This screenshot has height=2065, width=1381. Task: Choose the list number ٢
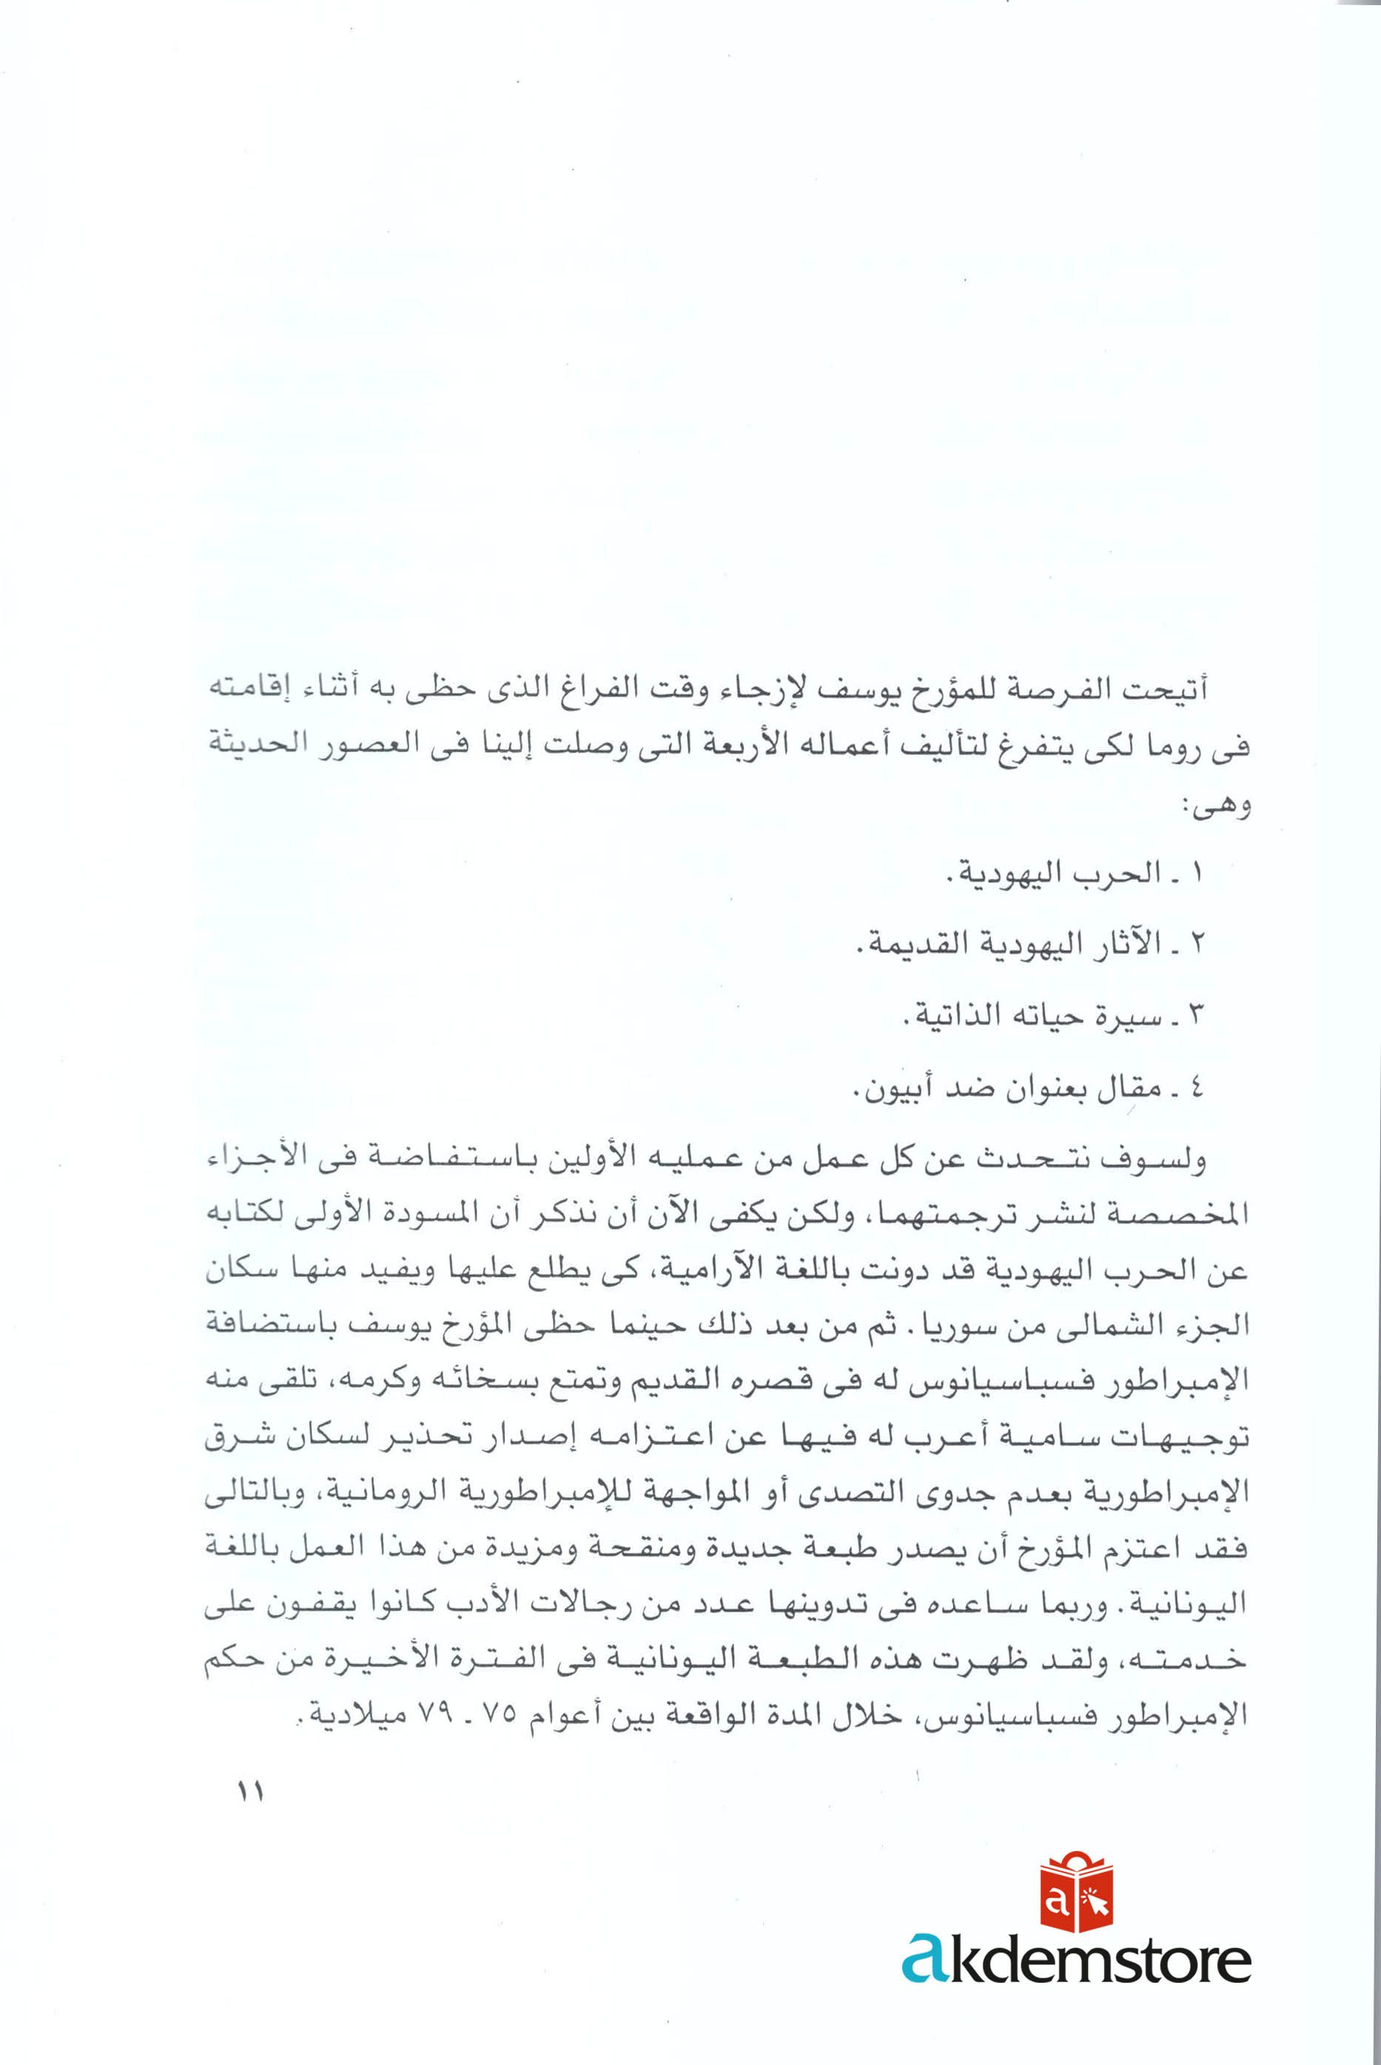click(x=1196, y=945)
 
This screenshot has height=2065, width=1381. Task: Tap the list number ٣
click(x=1196, y=1017)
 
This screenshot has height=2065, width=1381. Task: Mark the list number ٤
click(x=1196, y=1089)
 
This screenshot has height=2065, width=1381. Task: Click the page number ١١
click(x=250, y=1792)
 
